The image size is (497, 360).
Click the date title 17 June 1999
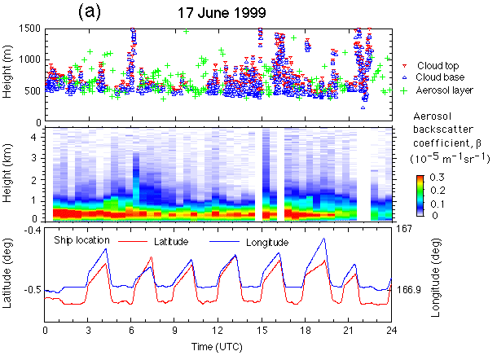(x=221, y=13)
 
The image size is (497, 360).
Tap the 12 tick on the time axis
(x=217, y=332)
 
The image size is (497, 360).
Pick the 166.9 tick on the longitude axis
(x=408, y=289)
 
